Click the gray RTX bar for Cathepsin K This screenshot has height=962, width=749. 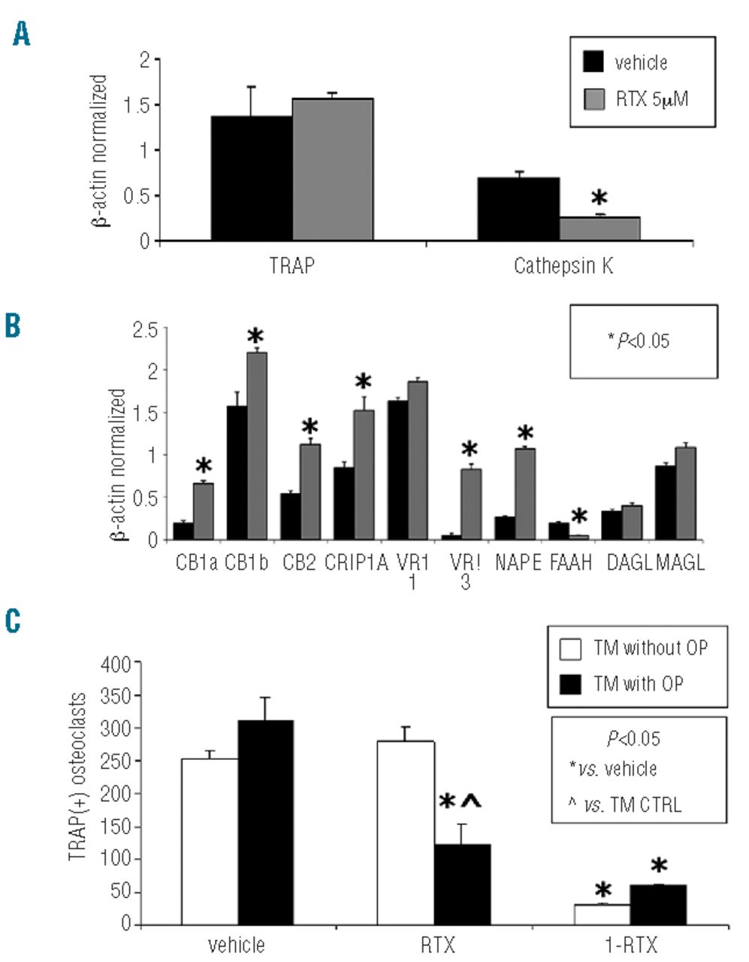click(600, 228)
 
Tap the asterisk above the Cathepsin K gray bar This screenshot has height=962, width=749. click(599, 199)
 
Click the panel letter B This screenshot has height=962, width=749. click(14, 328)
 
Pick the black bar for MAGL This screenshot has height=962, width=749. click(665, 502)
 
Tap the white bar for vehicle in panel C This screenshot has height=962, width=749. click(210, 841)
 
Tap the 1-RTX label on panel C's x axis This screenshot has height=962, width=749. click(630, 943)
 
